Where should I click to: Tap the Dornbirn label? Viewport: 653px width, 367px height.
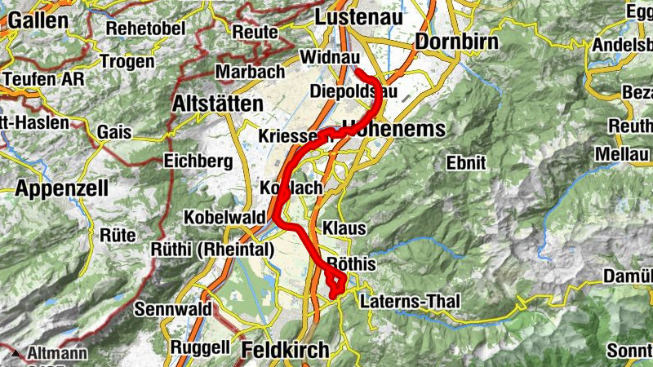454,41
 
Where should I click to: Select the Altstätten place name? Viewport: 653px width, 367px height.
218,104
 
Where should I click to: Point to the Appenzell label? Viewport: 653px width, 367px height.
61,188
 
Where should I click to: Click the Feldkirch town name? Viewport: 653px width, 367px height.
285,350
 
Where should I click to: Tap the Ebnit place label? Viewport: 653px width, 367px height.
466,162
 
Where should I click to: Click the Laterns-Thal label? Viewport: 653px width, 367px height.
409,302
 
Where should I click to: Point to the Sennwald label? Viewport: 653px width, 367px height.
172,309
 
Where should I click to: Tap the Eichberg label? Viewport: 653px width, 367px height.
198,161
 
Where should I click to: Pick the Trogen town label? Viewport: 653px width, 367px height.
127,61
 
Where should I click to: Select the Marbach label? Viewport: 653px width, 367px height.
250,72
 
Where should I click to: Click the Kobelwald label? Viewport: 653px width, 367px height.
224,218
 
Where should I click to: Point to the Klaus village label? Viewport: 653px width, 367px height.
344,228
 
